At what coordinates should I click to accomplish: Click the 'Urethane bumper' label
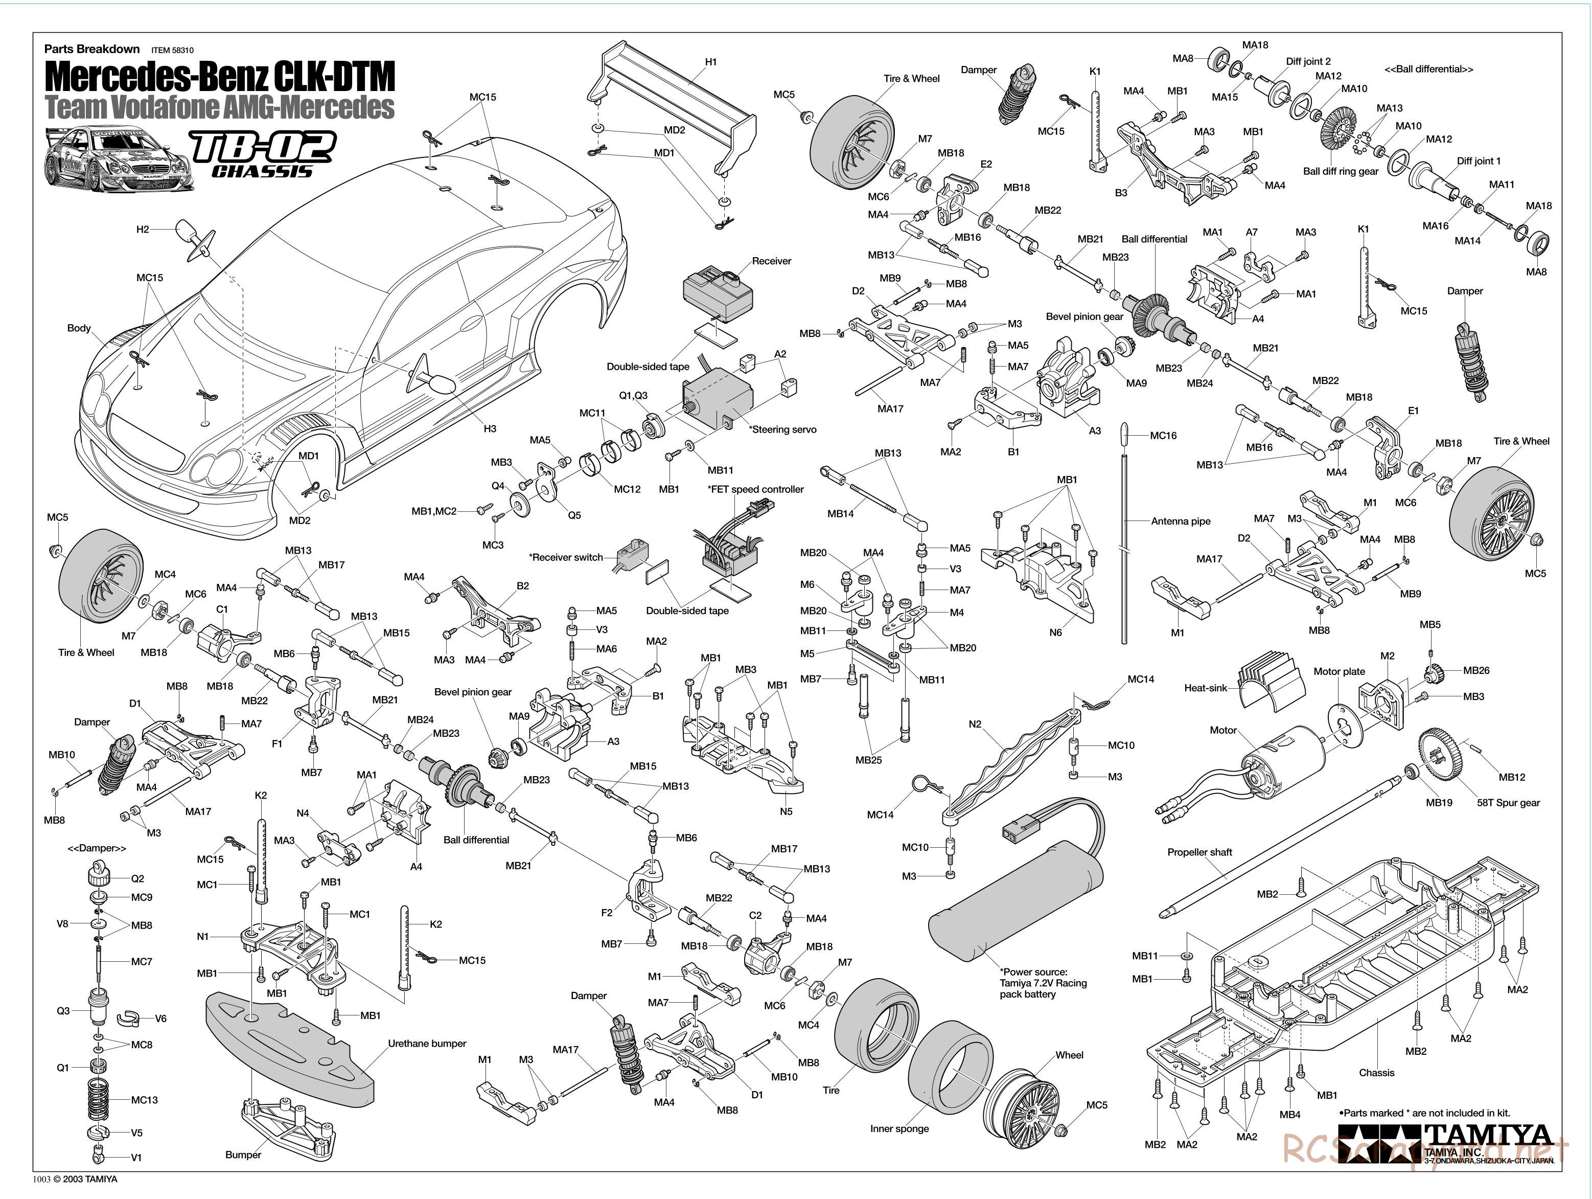click(427, 1044)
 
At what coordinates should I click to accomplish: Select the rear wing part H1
click(673, 108)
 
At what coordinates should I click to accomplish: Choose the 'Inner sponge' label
click(899, 1128)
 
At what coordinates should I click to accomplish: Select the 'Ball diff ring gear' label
click(1340, 171)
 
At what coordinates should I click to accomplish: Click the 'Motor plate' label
click(1339, 671)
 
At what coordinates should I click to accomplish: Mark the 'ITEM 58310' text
click(172, 51)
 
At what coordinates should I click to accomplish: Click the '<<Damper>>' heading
click(97, 848)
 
